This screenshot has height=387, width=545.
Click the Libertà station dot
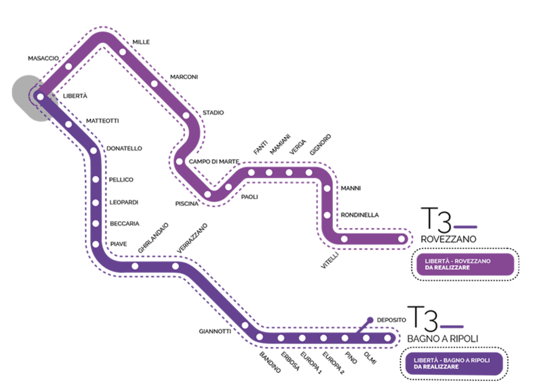[41, 97]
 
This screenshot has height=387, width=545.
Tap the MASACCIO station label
[43, 58]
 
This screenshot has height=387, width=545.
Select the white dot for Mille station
[123, 52]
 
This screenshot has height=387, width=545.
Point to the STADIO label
[213, 113]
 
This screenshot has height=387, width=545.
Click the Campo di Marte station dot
[180, 161]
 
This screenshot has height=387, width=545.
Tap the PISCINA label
[187, 204]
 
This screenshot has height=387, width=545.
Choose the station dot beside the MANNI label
[327, 188]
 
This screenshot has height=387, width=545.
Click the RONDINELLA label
[360, 215]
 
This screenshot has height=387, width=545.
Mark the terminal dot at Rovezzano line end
[401, 239]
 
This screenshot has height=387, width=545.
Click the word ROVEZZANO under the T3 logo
[448, 239]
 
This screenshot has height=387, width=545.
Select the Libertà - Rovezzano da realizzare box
[464, 264]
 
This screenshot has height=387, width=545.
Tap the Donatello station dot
[94, 150]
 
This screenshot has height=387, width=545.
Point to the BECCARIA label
[125, 223]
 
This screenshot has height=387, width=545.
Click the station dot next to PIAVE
[96, 244]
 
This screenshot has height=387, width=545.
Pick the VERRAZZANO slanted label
[192, 238]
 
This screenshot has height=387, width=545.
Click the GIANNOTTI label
[215, 331]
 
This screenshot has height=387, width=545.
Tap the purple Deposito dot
[370, 320]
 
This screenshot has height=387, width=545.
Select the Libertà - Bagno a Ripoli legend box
[453, 364]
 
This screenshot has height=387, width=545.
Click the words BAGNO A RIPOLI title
[442, 338]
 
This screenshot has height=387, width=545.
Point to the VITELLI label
[330, 260]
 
